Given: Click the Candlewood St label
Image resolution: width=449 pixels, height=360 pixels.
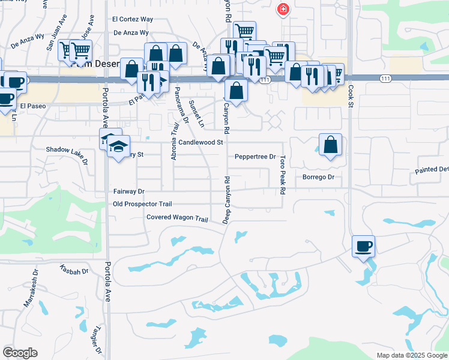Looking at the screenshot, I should click(200, 143).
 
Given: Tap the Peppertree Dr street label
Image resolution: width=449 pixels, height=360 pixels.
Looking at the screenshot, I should click(255, 157).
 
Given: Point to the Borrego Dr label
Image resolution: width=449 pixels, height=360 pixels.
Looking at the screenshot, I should click(318, 178).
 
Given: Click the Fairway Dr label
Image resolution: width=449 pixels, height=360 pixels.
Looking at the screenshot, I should click(129, 191).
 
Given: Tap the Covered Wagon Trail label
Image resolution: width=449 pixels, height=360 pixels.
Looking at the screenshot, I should click(176, 217).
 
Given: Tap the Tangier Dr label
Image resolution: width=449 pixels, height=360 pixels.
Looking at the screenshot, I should click(98, 340).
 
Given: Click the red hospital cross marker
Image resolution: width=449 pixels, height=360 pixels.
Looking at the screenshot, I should click(282, 10).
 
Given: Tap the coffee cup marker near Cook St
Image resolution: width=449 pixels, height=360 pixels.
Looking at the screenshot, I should click(363, 246).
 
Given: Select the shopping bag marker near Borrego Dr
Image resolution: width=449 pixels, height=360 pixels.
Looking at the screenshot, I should click(330, 145).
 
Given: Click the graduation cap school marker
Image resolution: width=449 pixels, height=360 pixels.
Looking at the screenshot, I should click(118, 146).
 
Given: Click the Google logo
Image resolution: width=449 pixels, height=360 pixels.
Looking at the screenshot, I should click(20, 353).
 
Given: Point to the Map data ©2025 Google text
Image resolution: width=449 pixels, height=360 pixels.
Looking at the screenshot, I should click(411, 355).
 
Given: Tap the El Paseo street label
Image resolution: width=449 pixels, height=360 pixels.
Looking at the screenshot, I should click(32, 106).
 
